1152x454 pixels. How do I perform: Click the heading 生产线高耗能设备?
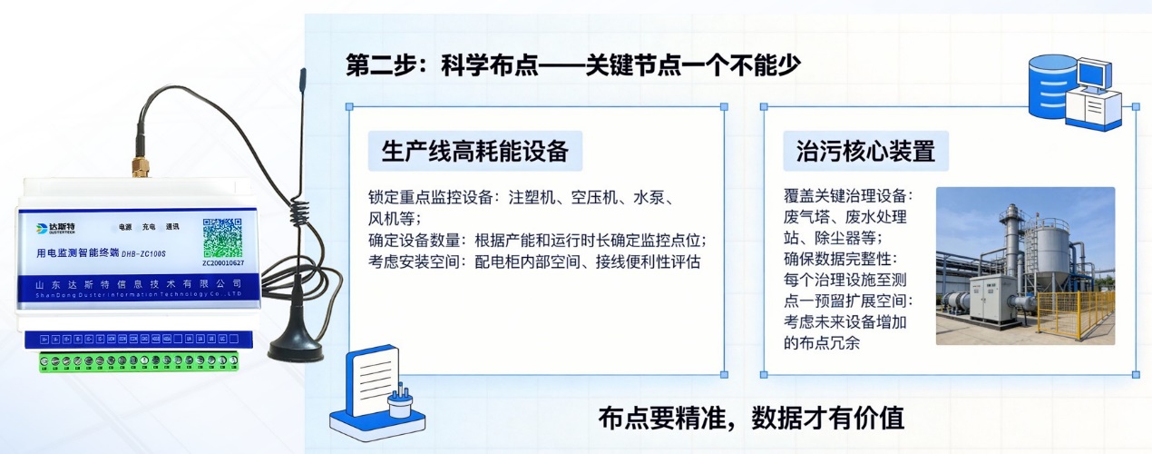pos(475,151)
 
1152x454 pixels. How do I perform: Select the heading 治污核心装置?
pos(865,151)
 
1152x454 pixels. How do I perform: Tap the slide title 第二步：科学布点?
pos(574,65)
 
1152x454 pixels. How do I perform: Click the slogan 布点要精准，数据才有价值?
pos(751,418)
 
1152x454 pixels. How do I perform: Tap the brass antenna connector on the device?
pos(141,167)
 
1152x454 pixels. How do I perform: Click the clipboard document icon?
pos(377,389)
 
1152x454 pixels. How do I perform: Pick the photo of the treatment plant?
pos(1025,266)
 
